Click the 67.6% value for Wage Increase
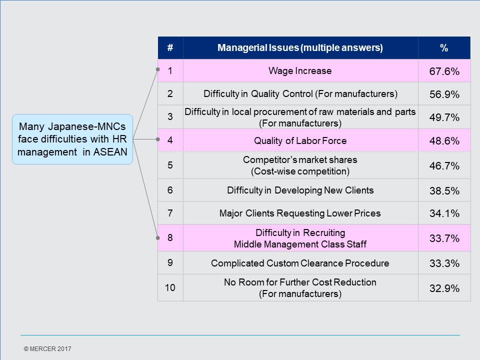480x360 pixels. click(444, 71)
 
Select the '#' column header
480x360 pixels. click(170, 48)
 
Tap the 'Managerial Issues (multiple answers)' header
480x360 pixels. click(300, 48)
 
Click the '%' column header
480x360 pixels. click(444, 48)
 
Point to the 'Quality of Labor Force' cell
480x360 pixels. click(300, 141)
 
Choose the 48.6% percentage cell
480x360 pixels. click(444, 141)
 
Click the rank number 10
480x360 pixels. click(170, 288)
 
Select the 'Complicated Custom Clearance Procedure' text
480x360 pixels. click(300, 263)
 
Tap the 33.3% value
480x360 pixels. click(444, 263)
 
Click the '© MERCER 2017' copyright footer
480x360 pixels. click(47, 348)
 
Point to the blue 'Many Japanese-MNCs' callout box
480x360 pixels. click(72, 139)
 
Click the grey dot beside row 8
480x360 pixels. click(158, 238)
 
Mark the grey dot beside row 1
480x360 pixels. click(158, 69)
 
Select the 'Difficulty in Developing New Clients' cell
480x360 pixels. click(300, 190)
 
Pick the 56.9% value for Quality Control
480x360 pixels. click(444, 94)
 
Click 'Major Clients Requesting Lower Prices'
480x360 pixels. click(300, 213)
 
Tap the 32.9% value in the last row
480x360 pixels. click(444, 288)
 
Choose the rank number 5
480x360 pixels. click(170, 165)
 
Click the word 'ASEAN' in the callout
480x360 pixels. click(110, 152)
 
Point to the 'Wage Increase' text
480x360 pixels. click(300, 71)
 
